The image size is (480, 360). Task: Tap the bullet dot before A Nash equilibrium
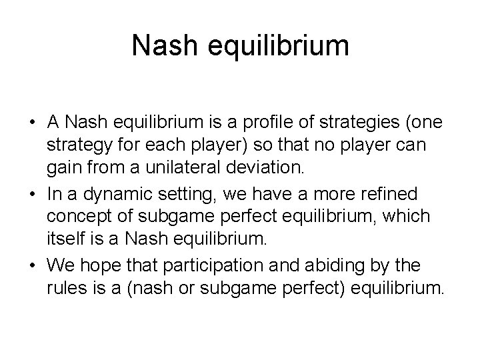(x=33, y=123)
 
